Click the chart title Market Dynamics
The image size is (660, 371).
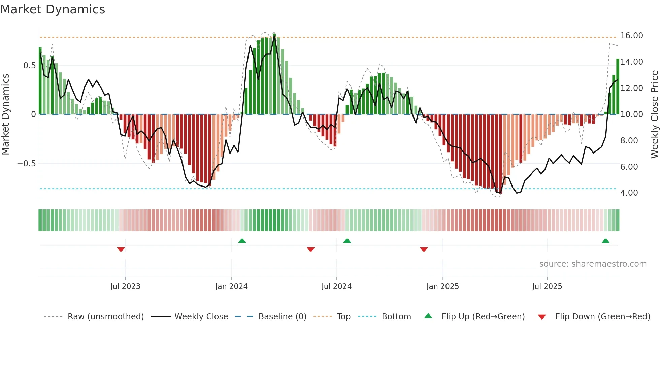[53, 9]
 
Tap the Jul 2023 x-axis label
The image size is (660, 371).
[125, 286]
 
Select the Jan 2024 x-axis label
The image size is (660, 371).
[231, 286]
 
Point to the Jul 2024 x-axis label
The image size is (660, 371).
[336, 286]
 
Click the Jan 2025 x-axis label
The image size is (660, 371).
[442, 286]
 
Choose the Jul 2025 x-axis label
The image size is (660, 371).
[547, 286]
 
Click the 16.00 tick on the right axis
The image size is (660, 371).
[632, 36]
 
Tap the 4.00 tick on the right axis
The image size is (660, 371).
[629, 193]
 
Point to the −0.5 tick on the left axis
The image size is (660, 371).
[27, 164]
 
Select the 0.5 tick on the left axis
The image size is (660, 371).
[30, 66]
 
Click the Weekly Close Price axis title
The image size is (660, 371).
[654, 114]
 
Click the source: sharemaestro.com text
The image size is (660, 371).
[593, 264]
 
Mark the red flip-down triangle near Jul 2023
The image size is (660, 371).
[121, 249]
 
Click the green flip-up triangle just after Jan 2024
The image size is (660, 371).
[242, 241]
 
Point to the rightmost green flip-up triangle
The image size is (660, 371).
[605, 241]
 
